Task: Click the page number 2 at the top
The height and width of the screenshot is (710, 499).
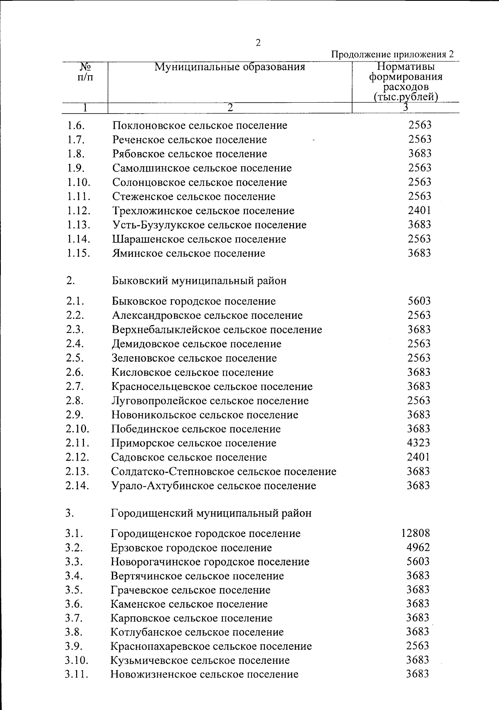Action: pos(258,43)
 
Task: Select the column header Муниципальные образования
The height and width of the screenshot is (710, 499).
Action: pos(230,67)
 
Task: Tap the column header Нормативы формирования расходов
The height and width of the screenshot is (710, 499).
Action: pos(406,81)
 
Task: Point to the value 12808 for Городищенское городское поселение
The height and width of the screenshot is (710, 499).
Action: pos(416,533)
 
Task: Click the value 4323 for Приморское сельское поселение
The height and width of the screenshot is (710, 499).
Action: pos(418,443)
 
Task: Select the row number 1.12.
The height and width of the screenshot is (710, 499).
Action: pos(78,211)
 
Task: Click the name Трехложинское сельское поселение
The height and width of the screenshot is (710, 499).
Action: pos(203,211)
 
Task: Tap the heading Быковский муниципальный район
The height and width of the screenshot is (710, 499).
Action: pos(199,281)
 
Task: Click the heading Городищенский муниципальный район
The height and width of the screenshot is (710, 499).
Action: pos(211,513)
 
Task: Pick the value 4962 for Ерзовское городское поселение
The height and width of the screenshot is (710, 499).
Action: pos(418,547)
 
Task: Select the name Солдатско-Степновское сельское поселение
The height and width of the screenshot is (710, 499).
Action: pos(224,471)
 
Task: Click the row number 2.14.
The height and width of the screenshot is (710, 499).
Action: pos(77,486)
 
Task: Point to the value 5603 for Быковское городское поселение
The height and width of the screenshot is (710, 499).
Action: pos(419,301)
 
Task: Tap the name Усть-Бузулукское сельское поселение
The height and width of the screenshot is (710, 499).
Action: pos(210,225)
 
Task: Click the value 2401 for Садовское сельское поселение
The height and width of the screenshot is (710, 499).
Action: pos(418,457)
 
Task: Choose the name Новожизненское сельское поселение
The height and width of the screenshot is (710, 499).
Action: pos(205,674)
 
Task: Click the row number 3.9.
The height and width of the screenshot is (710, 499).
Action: pos(74,646)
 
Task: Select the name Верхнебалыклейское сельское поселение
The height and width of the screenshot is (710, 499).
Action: pos(217,330)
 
